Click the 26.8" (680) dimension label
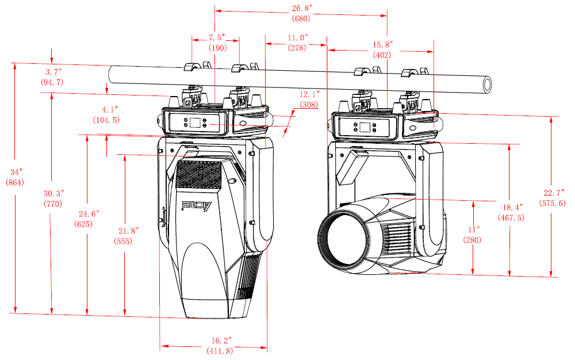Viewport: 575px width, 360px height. (301, 13)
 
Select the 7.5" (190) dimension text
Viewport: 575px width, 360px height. (217, 43)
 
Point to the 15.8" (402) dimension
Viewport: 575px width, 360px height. (382, 50)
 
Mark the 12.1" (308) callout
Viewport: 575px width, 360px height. (309, 99)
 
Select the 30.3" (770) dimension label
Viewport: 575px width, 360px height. (53, 198)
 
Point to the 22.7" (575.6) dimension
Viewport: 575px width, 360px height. (552, 197)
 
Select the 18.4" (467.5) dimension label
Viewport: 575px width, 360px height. (510, 213)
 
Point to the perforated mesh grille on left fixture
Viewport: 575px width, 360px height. (199, 174)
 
